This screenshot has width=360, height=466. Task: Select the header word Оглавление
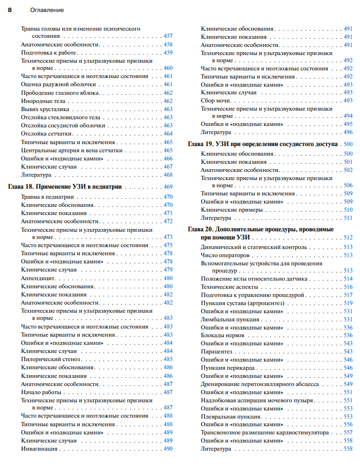pyautogui.click(x=47, y=10)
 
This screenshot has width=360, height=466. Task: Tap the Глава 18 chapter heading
pyautogui.click(x=65, y=187)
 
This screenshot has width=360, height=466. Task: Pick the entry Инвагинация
pyautogui.click(x=39, y=449)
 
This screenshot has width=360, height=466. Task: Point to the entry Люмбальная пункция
pyautogui.click(x=230, y=319)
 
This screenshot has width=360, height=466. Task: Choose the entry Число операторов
pyautogui.click(x=225, y=255)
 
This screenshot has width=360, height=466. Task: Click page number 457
pyautogui.click(x=168, y=36)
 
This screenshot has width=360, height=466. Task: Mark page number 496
pyautogui.click(x=348, y=132)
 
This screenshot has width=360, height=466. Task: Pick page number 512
pyautogui.click(x=348, y=238)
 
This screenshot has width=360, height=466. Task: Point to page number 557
pyautogui.click(x=348, y=432)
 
